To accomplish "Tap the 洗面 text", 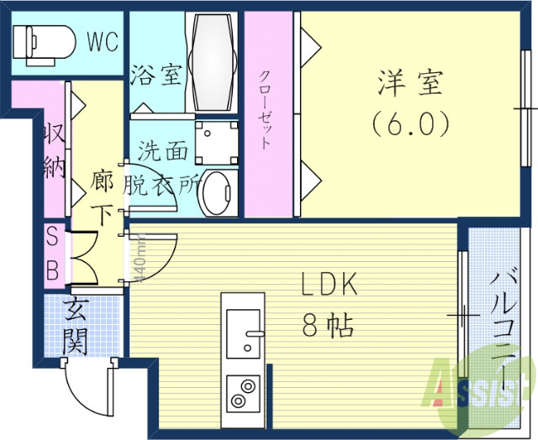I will tap(163, 152).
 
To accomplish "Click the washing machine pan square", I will tap(215, 139).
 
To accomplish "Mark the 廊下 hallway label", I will tap(102, 197).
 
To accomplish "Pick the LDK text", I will tap(330, 285).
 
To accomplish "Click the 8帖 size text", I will tap(327, 323).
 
